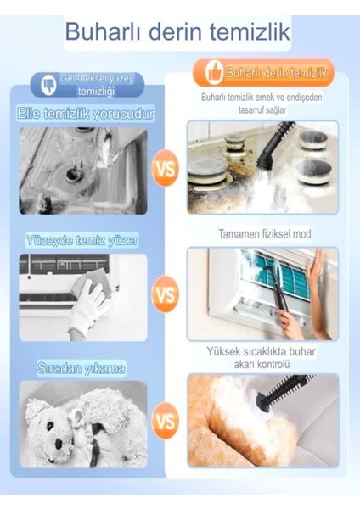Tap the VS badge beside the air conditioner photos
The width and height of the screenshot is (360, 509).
(x=166, y=295)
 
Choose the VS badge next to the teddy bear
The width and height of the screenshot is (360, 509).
(x=166, y=422)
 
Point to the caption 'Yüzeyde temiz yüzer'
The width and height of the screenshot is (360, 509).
(x=82, y=241)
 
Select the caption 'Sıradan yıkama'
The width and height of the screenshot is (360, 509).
(x=82, y=369)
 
